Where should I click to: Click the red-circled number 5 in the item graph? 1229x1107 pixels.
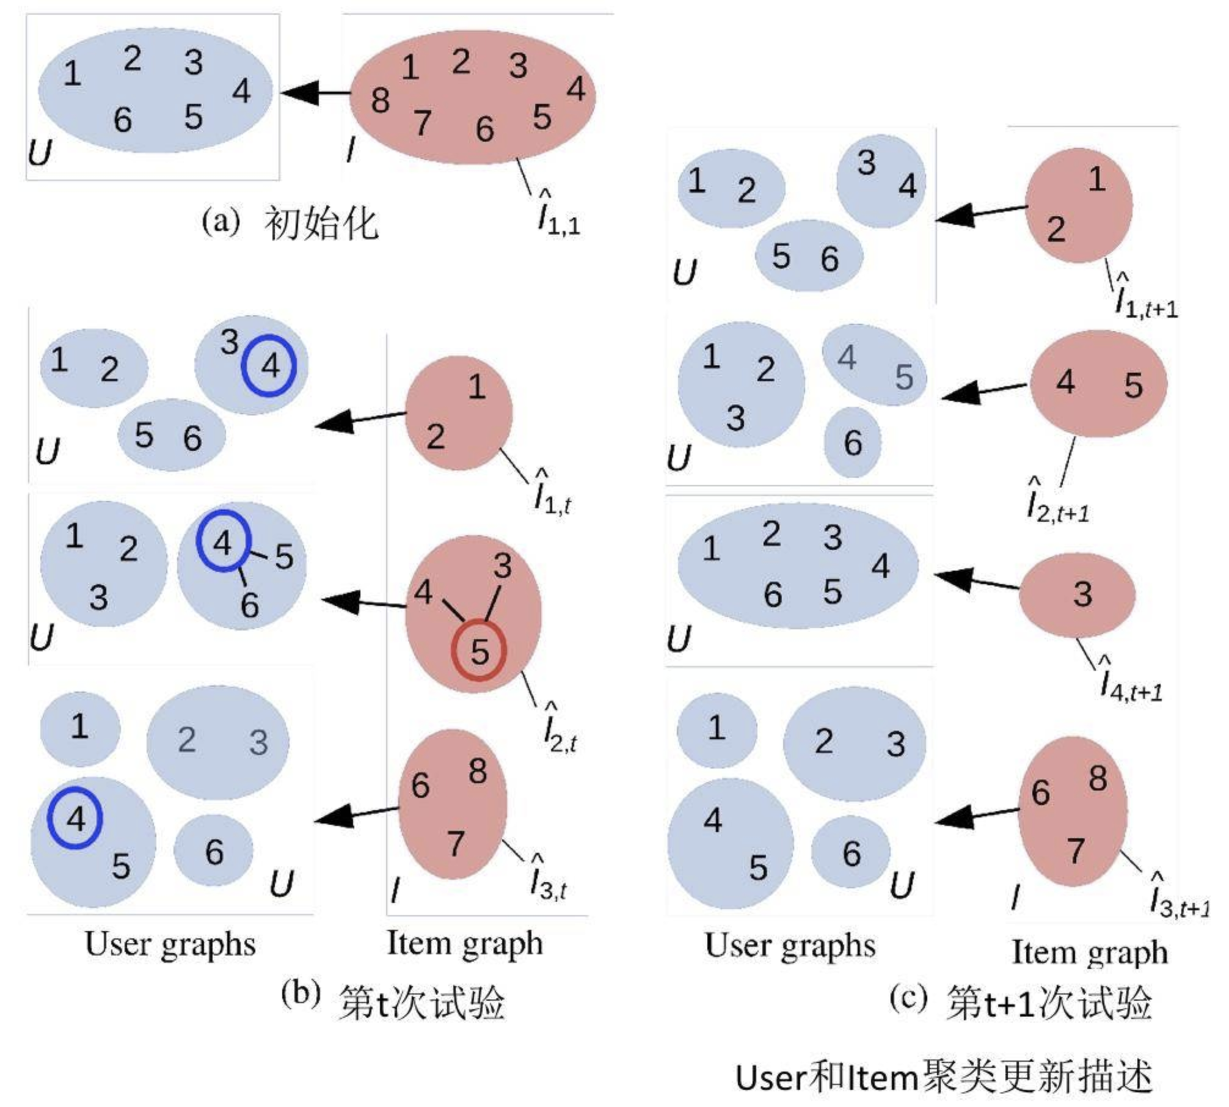[479, 651]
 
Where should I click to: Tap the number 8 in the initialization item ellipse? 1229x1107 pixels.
[380, 101]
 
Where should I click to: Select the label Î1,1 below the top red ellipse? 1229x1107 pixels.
[557, 214]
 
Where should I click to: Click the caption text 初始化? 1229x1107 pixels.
[321, 223]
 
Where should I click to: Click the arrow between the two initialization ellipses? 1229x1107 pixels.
[315, 93]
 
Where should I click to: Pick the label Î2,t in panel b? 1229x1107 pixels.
[559, 729]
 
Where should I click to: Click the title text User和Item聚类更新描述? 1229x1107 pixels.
[943, 1078]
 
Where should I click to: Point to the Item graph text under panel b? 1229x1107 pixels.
[464, 944]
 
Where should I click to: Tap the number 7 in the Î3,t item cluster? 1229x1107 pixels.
[455, 844]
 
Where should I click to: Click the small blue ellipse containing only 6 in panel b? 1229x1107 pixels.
[213, 852]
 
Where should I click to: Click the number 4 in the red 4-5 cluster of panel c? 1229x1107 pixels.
[1065, 382]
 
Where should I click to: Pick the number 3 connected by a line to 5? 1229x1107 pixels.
[502, 566]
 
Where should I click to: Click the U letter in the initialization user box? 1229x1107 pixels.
[40, 153]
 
